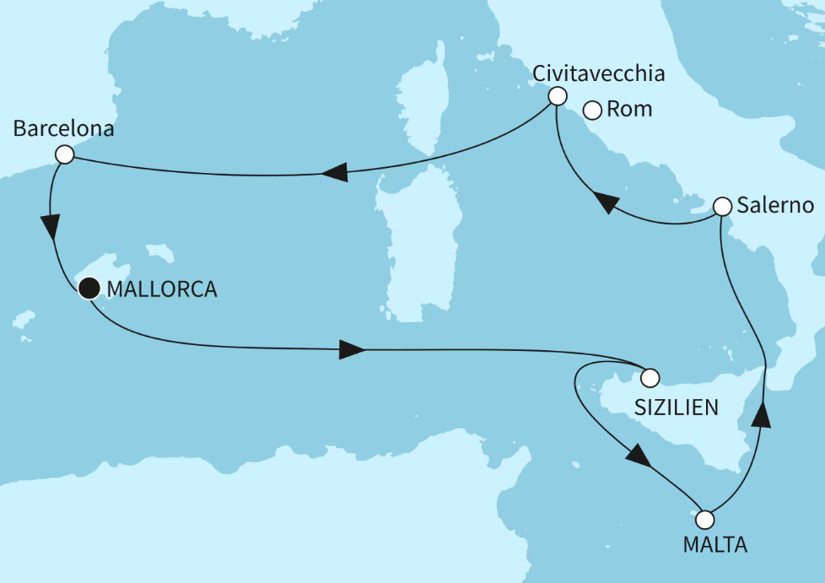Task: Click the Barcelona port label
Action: (64, 130)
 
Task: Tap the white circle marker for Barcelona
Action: (63, 154)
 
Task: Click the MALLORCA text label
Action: (162, 290)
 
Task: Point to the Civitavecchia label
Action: (599, 73)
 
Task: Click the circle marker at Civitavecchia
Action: (557, 96)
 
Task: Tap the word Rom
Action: (629, 110)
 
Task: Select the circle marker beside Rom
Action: (592, 110)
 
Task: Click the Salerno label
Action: (774, 206)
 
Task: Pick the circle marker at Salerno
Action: (722, 206)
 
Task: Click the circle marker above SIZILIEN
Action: (650, 377)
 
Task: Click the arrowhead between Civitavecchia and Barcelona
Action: (334, 173)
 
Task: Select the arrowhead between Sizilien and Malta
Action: (639, 456)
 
